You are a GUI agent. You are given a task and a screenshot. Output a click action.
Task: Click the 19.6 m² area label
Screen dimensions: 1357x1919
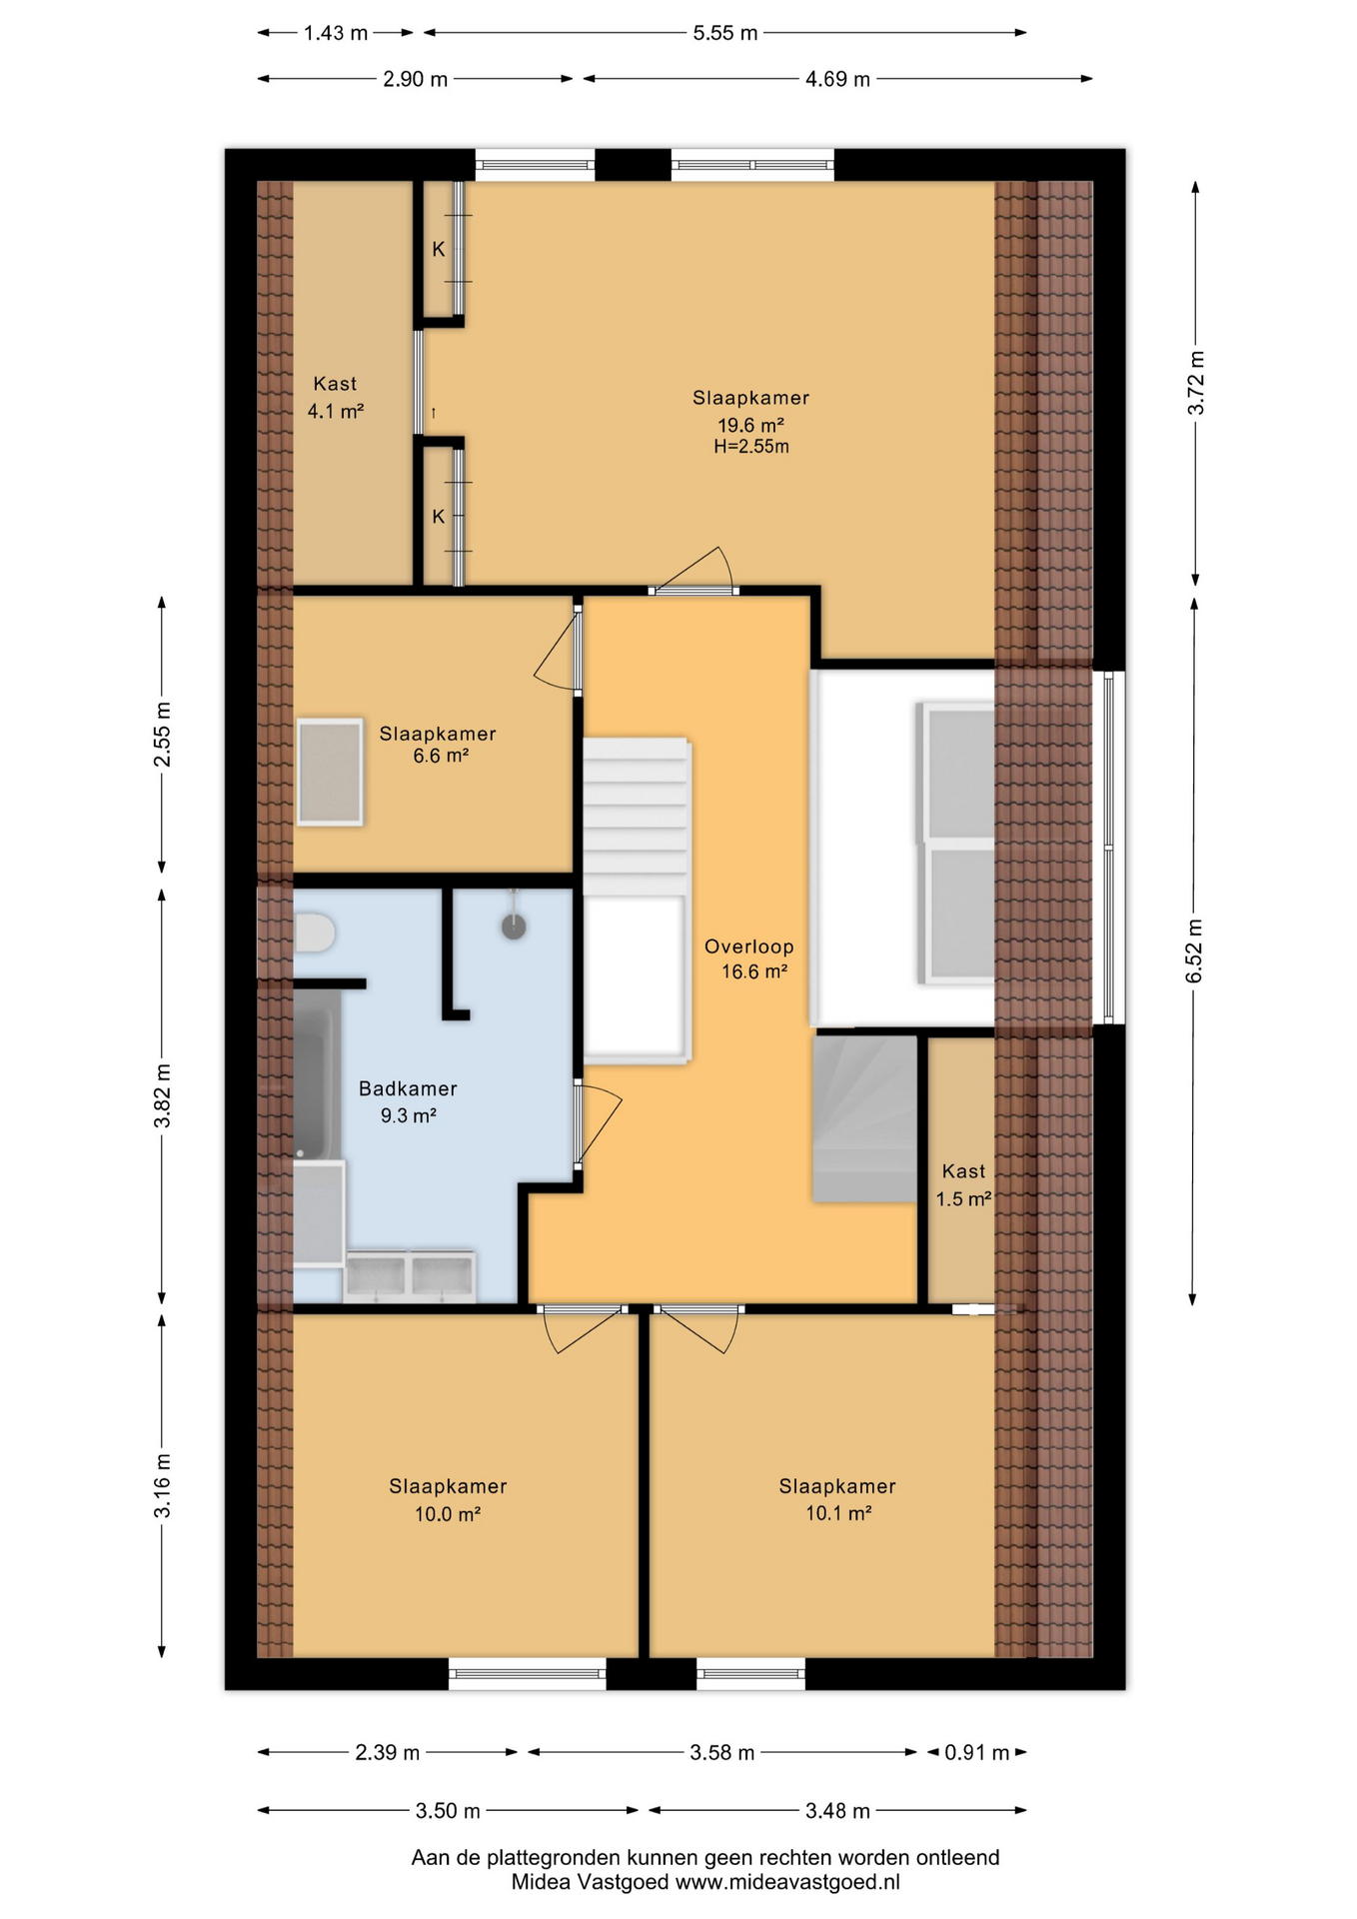pyautogui.click(x=750, y=425)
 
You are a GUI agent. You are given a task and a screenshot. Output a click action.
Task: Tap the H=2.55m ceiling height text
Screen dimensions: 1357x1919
pyautogui.click(x=751, y=447)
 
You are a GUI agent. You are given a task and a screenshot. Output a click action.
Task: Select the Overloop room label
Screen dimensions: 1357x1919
pyautogui.click(x=749, y=947)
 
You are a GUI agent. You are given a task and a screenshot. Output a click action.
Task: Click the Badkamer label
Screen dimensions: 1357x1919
pyautogui.click(x=408, y=1088)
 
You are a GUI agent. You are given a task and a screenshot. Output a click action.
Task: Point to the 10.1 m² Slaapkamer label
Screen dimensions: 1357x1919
pyautogui.click(x=837, y=1499)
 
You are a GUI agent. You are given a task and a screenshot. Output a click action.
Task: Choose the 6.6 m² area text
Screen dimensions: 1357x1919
pyautogui.click(x=441, y=757)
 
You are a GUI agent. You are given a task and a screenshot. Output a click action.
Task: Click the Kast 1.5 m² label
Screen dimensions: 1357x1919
pyautogui.click(x=963, y=1184)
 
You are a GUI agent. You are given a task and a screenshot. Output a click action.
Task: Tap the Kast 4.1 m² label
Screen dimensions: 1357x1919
pyautogui.click(x=335, y=397)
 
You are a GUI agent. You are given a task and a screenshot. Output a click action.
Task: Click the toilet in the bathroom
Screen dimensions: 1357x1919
pyautogui.click(x=314, y=932)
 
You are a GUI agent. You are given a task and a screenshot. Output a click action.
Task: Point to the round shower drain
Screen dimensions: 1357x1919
pyautogui.click(x=514, y=927)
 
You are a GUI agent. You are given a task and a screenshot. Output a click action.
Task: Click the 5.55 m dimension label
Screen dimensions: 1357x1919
pyautogui.click(x=725, y=33)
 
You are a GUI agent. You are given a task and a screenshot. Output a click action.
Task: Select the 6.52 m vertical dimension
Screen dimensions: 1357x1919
pyautogui.click(x=1194, y=951)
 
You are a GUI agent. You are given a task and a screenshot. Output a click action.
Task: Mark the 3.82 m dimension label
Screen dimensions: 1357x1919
pyautogui.click(x=162, y=1096)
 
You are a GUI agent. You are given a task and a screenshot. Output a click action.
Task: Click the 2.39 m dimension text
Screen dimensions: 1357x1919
pyautogui.click(x=388, y=1752)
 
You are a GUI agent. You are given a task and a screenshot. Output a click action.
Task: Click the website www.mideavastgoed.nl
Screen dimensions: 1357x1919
pyautogui.click(x=787, y=1882)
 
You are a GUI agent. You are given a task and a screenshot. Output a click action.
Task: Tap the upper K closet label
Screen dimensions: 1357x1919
pyautogui.click(x=438, y=250)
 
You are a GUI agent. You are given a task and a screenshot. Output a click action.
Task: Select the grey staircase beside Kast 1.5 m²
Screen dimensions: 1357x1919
pyautogui.click(x=865, y=1118)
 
